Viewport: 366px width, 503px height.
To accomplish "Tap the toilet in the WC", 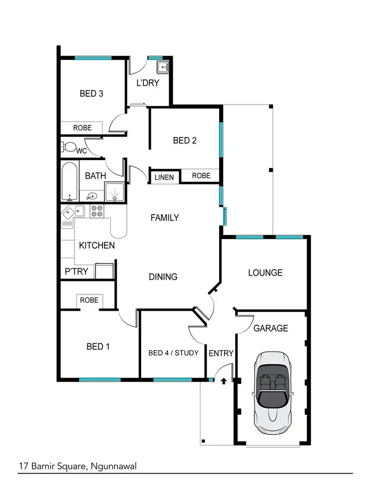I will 69,147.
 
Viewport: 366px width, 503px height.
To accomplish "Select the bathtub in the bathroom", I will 69,182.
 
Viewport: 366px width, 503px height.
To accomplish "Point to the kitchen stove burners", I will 97,211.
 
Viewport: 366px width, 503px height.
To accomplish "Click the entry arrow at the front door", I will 224,380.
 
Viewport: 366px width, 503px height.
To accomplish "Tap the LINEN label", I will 164,177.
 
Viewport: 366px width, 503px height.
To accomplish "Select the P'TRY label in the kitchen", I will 76,271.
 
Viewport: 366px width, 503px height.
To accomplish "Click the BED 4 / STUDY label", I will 173,352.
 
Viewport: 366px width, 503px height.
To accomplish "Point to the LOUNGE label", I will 265,273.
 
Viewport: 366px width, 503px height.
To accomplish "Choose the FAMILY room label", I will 164,218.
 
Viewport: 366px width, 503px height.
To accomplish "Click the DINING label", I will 163,277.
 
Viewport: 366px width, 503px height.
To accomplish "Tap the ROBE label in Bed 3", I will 82,128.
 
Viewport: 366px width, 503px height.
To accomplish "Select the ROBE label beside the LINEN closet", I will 201,176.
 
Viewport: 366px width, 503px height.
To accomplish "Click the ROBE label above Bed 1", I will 89,300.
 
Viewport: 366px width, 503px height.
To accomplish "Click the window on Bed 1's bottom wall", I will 100,380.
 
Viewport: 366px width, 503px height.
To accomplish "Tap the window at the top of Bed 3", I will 93,58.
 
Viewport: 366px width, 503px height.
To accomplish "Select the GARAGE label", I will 270,328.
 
